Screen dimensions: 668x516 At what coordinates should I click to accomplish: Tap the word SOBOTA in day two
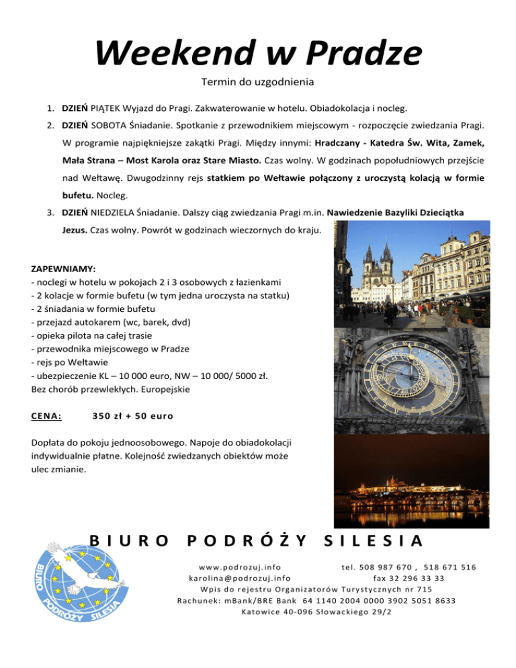click(x=107, y=125)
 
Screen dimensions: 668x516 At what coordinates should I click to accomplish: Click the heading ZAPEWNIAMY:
click(x=63, y=267)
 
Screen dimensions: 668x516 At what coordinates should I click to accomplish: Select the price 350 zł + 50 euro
click(x=133, y=417)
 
